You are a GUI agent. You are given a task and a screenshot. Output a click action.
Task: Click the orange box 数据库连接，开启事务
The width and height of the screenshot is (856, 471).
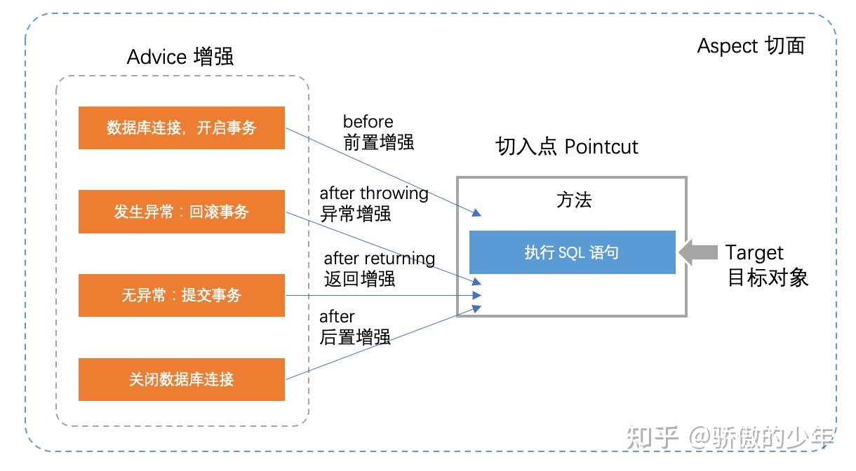coord(181,128)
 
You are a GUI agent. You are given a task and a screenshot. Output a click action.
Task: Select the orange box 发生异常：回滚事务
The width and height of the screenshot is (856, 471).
coord(181,212)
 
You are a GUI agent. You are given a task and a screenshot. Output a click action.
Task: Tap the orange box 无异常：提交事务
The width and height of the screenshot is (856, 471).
coord(181,295)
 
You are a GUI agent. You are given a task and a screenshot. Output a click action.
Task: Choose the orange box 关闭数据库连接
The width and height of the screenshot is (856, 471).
coord(181,379)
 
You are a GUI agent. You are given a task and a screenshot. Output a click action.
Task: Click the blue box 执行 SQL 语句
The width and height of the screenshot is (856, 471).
coord(572,252)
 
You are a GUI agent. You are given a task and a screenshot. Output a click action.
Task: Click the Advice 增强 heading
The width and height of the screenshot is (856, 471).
coord(180,57)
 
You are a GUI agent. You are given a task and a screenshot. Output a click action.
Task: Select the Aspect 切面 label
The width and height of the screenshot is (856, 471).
coord(751,46)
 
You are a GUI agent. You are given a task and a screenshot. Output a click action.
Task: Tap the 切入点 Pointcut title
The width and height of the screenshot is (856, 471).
coord(567,146)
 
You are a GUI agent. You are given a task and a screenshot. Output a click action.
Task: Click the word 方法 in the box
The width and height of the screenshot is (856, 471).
coord(574,200)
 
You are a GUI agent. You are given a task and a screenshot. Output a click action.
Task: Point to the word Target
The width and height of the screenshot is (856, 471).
coord(754,252)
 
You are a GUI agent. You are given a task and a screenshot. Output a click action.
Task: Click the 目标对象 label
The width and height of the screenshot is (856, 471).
coord(768,278)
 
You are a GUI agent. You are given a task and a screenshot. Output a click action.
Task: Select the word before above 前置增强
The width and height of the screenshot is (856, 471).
coord(368,122)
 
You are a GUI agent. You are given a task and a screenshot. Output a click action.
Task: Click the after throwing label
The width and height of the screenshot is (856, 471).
coord(374,193)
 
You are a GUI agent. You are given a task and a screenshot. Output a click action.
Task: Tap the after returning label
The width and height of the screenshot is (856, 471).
coord(379,259)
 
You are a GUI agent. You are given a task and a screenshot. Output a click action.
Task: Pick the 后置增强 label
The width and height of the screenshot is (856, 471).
coord(355,337)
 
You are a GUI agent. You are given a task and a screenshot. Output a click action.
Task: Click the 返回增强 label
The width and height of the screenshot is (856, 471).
coord(359,278)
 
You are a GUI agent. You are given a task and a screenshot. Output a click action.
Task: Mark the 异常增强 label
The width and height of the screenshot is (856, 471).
coord(355,214)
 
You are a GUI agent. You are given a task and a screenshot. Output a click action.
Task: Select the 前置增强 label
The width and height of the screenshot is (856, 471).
coord(378,142)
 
